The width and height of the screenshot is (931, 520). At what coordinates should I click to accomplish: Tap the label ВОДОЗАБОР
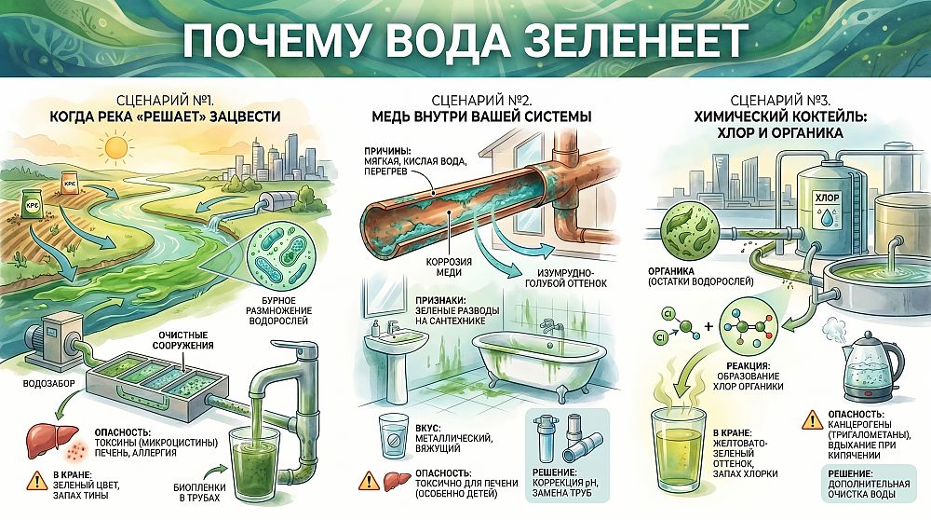48,383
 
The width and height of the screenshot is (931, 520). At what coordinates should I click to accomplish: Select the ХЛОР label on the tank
829,198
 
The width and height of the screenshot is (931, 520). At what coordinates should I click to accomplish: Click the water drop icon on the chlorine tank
827,218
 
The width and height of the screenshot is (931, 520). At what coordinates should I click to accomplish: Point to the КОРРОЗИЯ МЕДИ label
449,267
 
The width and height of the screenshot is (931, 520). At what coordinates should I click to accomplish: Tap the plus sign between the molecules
708,326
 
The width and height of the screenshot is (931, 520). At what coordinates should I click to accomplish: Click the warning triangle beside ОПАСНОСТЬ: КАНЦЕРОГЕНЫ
812,419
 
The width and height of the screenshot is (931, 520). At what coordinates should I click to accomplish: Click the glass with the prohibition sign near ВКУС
393,436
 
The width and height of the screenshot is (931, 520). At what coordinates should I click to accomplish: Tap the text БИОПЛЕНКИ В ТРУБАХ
199,492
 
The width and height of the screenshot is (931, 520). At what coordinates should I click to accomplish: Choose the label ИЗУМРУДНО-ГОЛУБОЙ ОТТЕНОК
566,278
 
